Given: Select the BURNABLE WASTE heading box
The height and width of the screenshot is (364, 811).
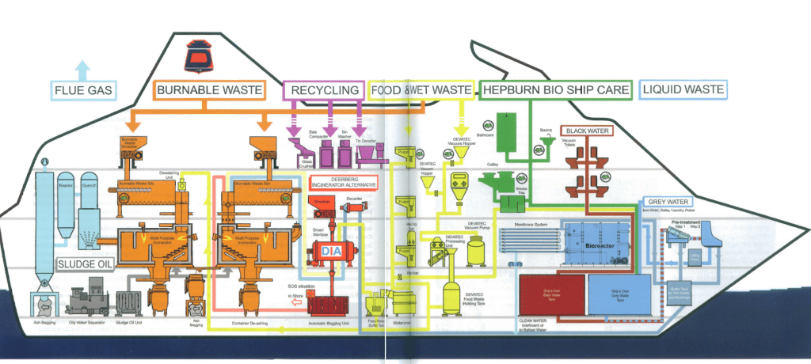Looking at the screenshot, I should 209,90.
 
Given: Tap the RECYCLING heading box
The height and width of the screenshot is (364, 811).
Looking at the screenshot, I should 324,90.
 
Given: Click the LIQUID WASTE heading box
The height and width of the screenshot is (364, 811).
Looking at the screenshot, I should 683,89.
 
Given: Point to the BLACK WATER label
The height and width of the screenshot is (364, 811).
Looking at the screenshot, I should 588,131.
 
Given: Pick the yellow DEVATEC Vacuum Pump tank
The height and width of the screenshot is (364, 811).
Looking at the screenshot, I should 476,252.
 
